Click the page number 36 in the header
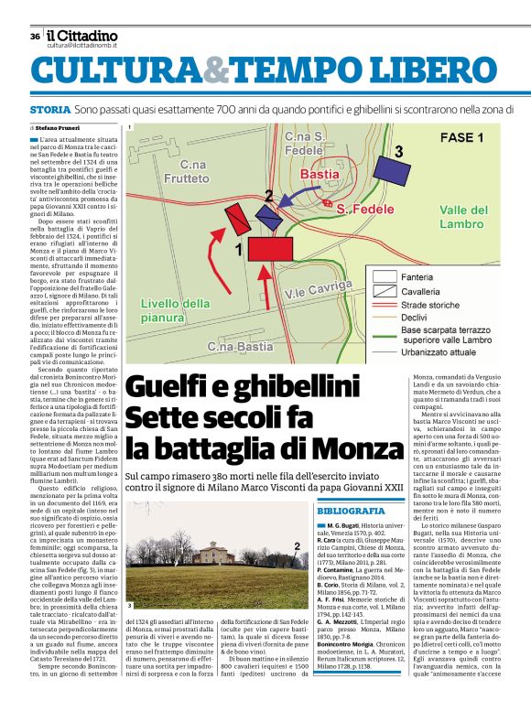[x=35, y=37]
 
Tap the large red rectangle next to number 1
[x=271, y=249]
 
